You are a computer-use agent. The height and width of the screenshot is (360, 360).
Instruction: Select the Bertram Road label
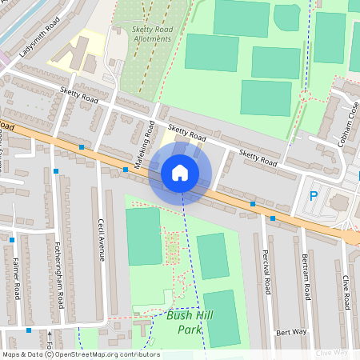click(x=306, y=277)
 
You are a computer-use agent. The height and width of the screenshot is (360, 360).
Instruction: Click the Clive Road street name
click(x=346, y=293)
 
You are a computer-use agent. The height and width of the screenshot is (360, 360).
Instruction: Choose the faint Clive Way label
click(x=331, y=352)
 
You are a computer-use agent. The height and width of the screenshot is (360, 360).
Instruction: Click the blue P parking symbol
click(x=314, y=195)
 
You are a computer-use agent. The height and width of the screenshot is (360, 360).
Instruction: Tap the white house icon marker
click(x=180, y=173)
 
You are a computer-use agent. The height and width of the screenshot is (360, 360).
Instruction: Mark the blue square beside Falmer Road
click(x=13, y=239)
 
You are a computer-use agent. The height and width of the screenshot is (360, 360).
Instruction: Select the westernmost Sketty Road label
click(x=78, y=97)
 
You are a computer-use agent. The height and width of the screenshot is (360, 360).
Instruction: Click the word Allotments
click(x=152, y=38)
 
